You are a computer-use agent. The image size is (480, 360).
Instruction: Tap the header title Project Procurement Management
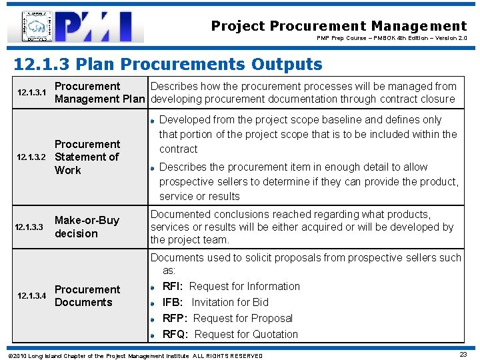(339, 26)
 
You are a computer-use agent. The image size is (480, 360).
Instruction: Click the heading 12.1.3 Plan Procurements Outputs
(168, 64)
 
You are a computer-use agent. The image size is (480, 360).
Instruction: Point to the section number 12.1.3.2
(30, 157)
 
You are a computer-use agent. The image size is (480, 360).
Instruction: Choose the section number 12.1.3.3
(30, 227)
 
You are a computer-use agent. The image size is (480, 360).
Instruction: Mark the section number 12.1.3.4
(30, 295)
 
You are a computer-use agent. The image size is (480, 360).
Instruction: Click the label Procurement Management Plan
(99, 93)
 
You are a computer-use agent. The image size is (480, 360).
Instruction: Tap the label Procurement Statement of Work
(87, 157)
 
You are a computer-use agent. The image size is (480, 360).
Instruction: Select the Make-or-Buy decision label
(87, 227)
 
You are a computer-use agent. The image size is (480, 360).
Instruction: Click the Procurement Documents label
(87, 295)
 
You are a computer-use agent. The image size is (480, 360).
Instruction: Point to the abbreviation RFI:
(175, 286)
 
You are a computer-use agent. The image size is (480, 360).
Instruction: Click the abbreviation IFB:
(175, 302)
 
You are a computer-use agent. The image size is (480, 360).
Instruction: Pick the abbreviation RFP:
(175, 318)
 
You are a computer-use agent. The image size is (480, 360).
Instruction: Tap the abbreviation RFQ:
(176, 334)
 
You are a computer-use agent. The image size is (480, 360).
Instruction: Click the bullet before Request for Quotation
(153, 335)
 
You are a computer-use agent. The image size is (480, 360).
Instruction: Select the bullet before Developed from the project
(153, 120)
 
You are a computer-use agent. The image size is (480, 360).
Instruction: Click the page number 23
(463, 355)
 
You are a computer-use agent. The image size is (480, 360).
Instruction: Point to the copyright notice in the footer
(134, 355)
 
